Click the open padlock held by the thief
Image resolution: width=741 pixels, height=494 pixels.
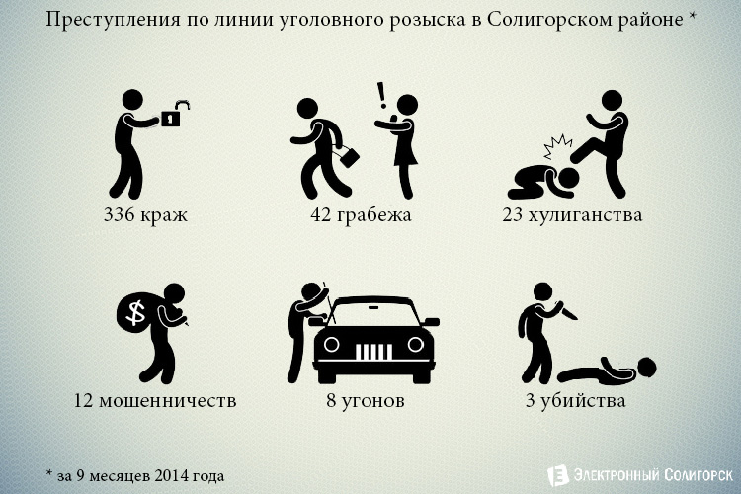click(x=174, y=114)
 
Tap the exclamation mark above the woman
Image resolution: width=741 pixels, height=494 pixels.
click(x=381, y=95)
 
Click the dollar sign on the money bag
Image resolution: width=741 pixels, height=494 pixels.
click(x=136, y=312)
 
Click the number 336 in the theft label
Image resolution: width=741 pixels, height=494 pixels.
click(x=120, y=215)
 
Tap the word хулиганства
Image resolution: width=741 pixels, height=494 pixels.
click(x=585, y=215)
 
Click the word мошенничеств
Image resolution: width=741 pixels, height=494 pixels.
click(x=168, y=401)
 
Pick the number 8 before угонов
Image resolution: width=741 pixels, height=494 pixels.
click(x=331, y=401)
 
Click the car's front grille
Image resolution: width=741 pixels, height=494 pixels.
click(x=373, y=352)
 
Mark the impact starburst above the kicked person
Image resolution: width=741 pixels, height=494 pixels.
click(x=557, y=147)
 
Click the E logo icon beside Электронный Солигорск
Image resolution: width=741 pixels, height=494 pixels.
click(x=557, y=475)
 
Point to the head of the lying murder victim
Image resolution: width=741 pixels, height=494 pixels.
click(x=645, y=367)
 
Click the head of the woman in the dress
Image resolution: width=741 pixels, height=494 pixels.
click(x=406, y=105)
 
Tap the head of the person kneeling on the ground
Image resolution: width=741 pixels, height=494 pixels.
click(x=567, y=179)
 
